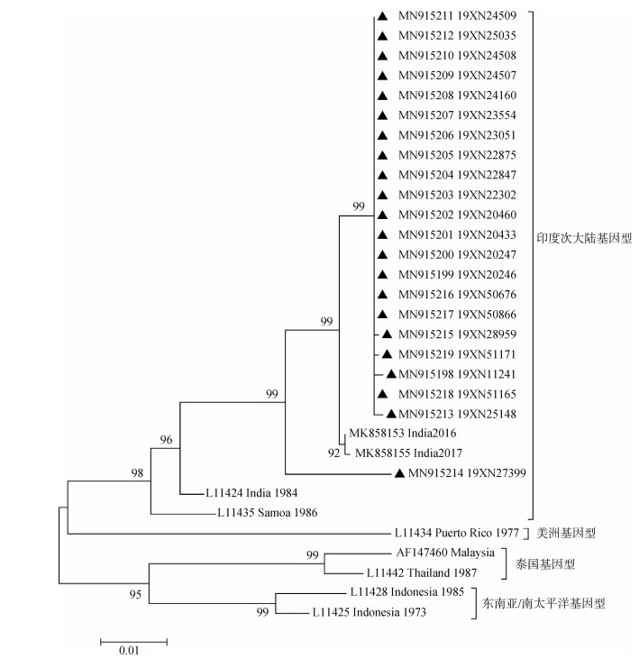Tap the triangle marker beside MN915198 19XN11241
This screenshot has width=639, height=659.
click(x=392, y=373)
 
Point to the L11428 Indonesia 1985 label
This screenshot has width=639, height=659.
click(x=406, y=592)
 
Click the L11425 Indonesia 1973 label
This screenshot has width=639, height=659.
click(x=369, y=612)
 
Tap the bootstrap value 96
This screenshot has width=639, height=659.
click(x=166, y=440)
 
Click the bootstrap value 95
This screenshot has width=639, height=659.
click(x=137, y=593)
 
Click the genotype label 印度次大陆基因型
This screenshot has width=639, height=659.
click(x=585, y=240)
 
